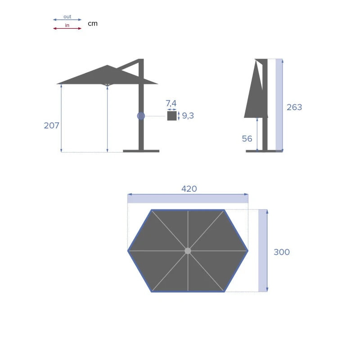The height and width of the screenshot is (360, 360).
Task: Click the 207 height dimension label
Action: click(x=51, y=126)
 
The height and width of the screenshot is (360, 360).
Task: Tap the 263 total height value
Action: click(x=294, y=107)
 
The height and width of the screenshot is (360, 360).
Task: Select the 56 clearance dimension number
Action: click(x=247, y=139)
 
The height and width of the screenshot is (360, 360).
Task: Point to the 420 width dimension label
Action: click(x=189, y=189)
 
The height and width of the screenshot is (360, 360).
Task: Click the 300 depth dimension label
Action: click(x=282, y=252)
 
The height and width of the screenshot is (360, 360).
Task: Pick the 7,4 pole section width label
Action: click(x=171, y=104)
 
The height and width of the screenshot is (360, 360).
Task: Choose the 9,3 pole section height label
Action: click(x=188, y=116)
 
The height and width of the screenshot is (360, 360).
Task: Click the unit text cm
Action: click(x=93, y=23)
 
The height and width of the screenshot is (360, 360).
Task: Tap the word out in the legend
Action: click(x=67, y=17)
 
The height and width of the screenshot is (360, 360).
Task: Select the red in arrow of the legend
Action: click(x=67, y=28)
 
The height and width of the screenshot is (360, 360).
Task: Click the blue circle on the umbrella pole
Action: click(x=141, y=116)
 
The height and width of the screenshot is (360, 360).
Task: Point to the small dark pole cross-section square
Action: click(x=172, y=116)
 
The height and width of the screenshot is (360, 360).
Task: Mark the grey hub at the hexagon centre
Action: click(x=188, y=251)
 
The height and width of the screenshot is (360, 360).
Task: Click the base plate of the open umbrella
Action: click(x=141, y=151)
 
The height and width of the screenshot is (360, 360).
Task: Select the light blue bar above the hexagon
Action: click(x=188, y=198)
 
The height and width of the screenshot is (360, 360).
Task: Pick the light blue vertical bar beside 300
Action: click(x=263, y=250)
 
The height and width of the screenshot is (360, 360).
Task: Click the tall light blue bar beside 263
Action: click(x=279, y=104)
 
